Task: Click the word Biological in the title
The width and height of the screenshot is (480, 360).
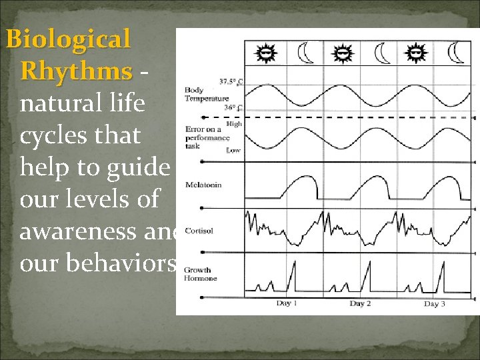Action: [x=69, y=40]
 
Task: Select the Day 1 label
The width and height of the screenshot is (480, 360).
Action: [x=287, y=304]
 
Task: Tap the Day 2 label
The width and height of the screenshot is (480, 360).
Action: [x=361, y=304]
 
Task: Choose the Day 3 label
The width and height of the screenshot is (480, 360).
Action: [x=435, y=304]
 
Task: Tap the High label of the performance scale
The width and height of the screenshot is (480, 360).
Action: [x=234, y=124]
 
